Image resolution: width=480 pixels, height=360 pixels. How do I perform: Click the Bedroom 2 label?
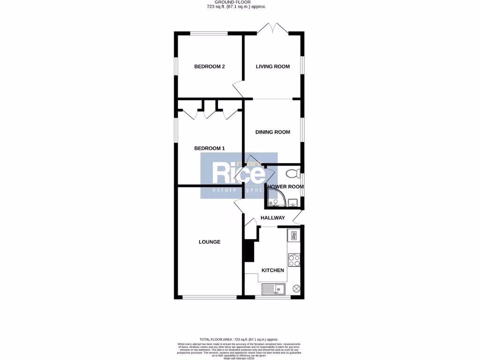coord(210,67)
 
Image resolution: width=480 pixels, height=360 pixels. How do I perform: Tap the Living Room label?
coord(273,67)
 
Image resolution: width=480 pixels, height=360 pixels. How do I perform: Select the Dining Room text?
coord(273,132)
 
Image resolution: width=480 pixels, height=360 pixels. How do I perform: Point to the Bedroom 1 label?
coord(210,149)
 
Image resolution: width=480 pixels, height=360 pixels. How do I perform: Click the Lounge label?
coord(210,242)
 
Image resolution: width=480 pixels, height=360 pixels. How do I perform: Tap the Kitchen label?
coord(273,270)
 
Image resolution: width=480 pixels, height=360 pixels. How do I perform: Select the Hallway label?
coord(273,218)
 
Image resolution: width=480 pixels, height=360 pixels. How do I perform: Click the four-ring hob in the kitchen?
coord(294,260)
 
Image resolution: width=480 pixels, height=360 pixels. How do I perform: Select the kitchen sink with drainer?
coord(275,289)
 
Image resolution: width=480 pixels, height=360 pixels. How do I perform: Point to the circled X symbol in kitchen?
coord(296,289)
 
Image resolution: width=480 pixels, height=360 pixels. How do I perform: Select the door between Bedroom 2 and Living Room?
coord(238,89)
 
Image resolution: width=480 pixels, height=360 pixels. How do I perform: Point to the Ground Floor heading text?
coord(240,2)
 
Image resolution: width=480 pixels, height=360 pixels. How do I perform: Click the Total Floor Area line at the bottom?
coord(240,339)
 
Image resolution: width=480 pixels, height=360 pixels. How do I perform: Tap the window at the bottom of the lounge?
coord(209,297)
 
